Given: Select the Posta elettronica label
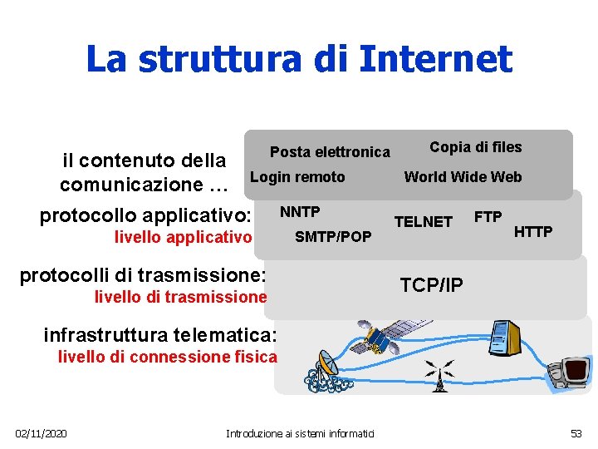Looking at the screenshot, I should (330, 152).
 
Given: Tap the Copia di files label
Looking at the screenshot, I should (475, 147).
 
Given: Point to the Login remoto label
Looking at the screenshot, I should (297, 176).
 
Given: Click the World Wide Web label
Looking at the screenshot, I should (463, 176).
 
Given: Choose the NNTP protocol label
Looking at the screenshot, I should (300, 211).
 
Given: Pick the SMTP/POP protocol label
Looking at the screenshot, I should (333, 237).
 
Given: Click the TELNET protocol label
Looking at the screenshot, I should (423, 221).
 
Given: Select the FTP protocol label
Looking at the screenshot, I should (488, 217).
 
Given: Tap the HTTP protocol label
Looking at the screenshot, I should (533, 231).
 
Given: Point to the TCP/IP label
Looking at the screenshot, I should (431, 285).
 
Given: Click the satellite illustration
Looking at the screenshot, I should (385, 333).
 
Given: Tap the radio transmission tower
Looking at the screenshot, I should (443, 375).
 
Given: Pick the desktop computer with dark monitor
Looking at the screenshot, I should (572, 373).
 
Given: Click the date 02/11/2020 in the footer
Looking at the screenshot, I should (42, 433).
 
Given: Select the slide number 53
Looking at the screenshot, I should (576, 433).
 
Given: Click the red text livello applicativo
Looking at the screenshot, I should (183, 238).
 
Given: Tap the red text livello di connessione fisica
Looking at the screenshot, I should (167, 358).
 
